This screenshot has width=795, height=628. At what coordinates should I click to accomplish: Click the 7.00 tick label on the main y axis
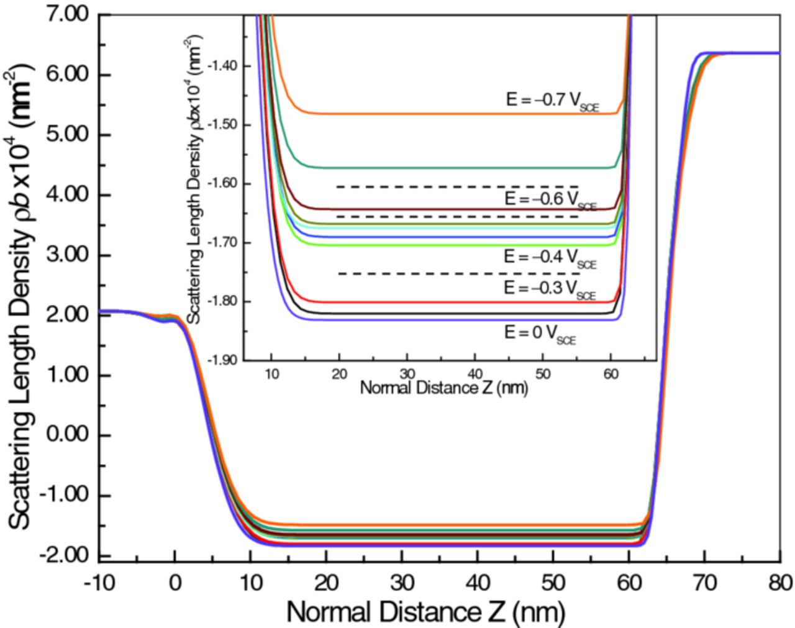point(70,15)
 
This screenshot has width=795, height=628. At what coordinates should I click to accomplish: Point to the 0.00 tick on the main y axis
point(70,435)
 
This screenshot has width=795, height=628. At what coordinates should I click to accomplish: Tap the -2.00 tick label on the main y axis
point(67,555)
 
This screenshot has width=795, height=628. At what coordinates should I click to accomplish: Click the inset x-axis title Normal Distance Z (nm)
point(443,389)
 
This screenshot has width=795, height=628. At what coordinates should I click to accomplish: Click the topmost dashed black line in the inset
point(458,186)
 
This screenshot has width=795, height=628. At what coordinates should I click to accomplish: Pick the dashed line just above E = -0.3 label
point(458,274)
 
